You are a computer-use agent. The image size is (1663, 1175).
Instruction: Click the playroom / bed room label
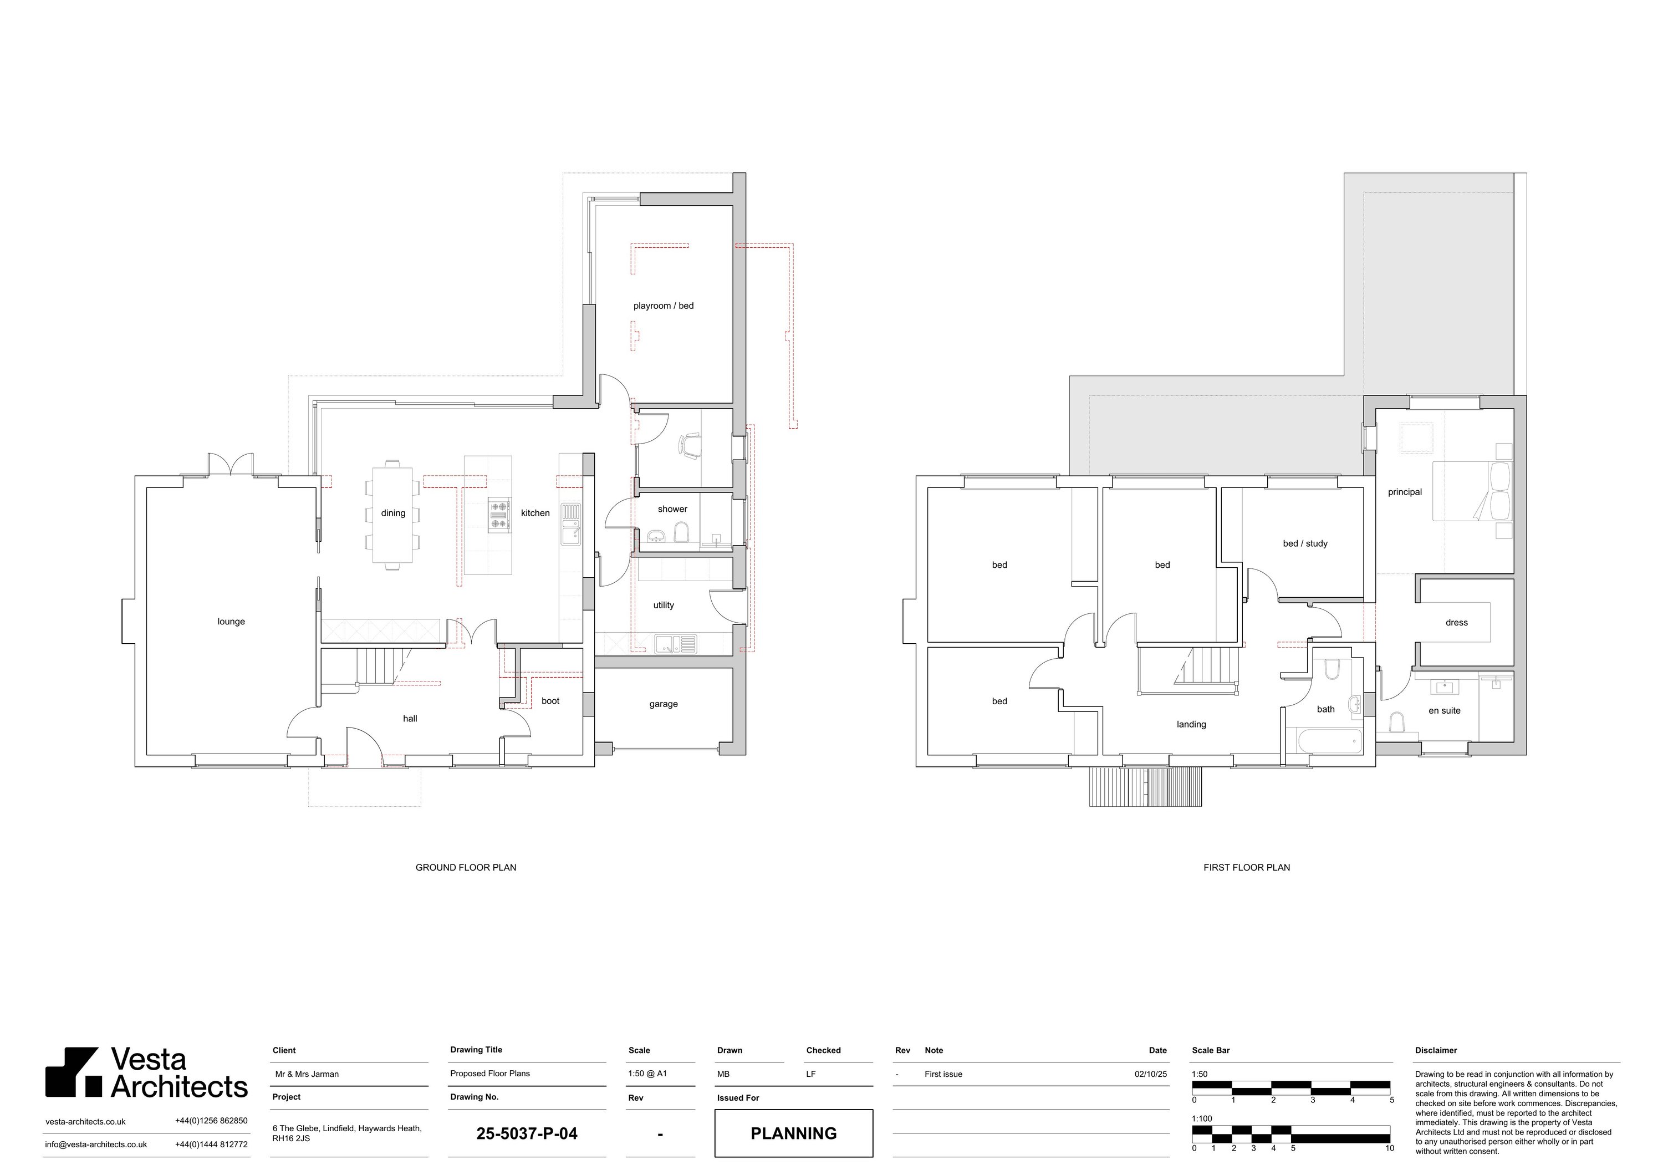664,306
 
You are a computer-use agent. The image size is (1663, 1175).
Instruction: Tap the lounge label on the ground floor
231,622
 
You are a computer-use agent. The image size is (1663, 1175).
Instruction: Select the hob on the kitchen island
499,515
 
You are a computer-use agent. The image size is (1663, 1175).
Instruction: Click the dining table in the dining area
393,515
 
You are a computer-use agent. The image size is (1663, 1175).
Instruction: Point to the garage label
664,704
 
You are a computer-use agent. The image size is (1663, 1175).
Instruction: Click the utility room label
664,605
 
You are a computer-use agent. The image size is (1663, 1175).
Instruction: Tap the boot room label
550,700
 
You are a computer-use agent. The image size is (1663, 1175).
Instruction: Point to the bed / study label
1305,543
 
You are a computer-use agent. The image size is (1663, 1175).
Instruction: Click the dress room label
1457,622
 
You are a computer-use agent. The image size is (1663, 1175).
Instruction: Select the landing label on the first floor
1191,724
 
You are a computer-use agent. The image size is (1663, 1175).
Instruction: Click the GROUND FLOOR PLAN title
466,867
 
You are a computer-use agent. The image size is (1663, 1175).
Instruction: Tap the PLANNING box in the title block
794,1133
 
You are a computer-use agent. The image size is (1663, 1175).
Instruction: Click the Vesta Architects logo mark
73,1072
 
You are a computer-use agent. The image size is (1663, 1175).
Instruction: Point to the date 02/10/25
1151,1074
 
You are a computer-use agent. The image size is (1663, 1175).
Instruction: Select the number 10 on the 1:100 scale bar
1389,1148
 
